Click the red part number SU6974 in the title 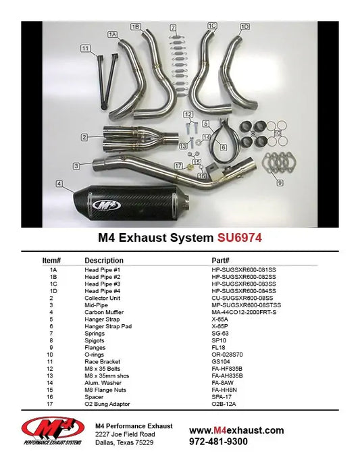240,238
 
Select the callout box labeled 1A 113,33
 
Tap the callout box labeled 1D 245,26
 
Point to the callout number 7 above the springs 174,28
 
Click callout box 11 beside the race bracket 85,48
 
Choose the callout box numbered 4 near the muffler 60,183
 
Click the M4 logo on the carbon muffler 106,205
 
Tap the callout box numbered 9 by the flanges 280,182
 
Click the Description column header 104,260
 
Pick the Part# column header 221,260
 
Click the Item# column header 51,260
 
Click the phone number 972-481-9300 218,442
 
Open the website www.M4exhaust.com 236,430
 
